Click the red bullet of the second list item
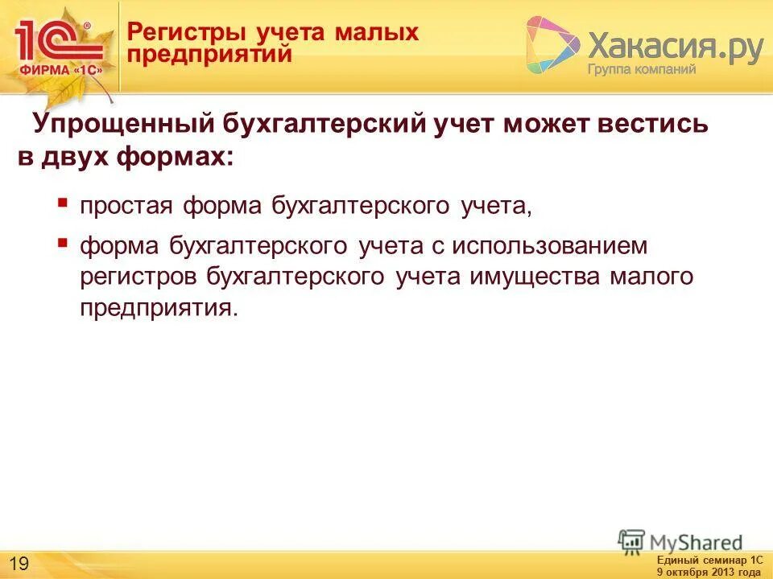[63, 240]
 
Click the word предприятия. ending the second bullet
[159, 309]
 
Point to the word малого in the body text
[651, 277]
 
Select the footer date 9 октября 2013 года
[709, 572]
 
